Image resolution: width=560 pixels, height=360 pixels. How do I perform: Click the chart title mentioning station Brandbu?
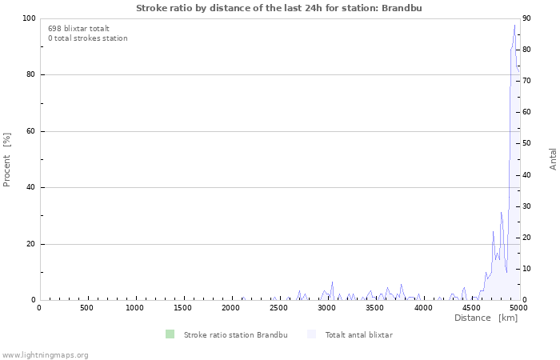[x=279, y=8]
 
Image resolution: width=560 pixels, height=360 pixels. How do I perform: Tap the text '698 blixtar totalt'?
[x=78, y=28]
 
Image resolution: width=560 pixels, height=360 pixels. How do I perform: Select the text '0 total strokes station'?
[x=87, y=38]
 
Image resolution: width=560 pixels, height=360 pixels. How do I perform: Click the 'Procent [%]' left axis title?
[x=7, y=159]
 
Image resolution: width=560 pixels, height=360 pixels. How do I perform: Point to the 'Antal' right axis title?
[x=553, y=158]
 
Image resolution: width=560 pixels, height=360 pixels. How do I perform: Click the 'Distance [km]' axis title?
[x=486, y=318]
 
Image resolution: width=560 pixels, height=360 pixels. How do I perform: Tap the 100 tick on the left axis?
[x=29, y=18]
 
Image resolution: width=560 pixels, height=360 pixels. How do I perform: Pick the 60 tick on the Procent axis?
[x=31, y=131]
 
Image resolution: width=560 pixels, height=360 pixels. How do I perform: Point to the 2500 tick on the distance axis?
[x=278, y=307]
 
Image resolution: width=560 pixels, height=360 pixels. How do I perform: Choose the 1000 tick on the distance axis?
[x=134, y=307]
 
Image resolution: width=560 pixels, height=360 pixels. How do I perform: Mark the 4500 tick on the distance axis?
[x=470, y=307]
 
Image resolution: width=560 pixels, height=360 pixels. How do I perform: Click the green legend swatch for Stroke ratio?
[x=170, y=334]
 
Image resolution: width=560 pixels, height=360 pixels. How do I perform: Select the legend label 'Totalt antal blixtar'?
[x=358, y=334]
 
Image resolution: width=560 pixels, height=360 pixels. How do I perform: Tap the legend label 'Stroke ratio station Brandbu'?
[x=235, y=334]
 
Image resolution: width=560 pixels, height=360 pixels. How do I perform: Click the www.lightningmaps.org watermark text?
[x=45, y=354]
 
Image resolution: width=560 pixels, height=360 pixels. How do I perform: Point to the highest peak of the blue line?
[x=514, y=25]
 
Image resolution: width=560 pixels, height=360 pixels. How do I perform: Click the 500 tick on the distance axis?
[x=86, y=307]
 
